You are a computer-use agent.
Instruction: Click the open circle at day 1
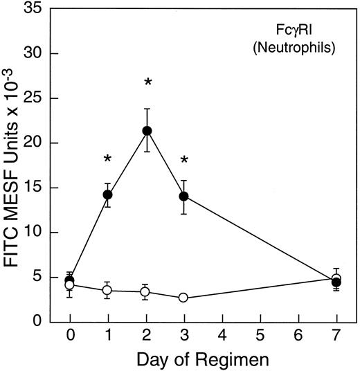[108, 291]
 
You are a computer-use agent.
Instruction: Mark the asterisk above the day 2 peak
[147, 84]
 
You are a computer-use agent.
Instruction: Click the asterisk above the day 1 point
[108, 160]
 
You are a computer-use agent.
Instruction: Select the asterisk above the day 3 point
[185, 161]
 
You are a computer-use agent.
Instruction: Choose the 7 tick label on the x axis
[336, 336]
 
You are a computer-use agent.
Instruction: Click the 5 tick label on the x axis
[260, 336]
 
